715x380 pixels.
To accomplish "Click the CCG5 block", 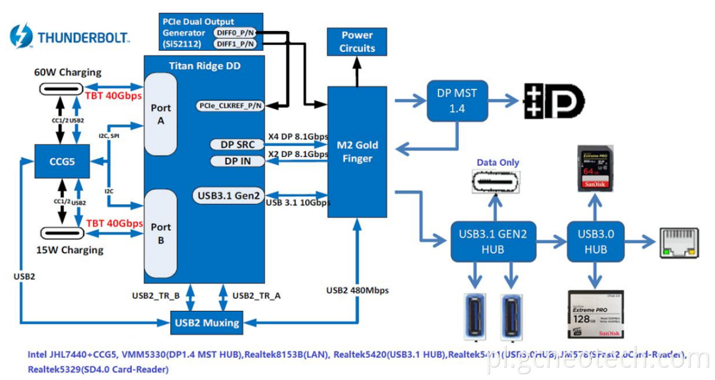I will [x=62, y=160].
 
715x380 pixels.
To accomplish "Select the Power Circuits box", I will [x=357, y=42].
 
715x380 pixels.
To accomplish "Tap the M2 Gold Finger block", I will [x=357, y=152].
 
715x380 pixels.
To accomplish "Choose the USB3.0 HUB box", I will [x=594, y=240].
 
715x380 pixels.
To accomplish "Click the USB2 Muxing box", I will [x=207, y=323].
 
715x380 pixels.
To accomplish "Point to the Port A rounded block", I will [x=161, y=114].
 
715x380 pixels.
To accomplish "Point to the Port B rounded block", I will [x=161, y=233].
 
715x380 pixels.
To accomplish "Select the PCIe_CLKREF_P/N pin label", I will [x=230, y=106].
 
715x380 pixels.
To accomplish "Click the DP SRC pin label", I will [x=237, y=144].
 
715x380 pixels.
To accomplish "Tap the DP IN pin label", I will [x=237, y=161].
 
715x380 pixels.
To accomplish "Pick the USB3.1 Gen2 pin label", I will [x=228, y=195].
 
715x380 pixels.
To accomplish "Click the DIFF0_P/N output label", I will [x=235, y=33].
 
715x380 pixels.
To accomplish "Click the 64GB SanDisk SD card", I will [x=596, y=169].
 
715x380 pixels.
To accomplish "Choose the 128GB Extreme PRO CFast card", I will [x=596, y=315].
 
